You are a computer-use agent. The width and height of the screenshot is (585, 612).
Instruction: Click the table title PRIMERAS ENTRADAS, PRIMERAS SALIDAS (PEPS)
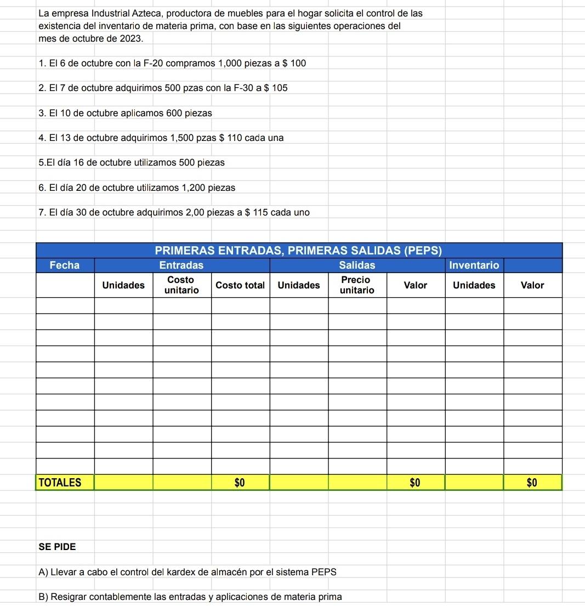coord(299,251)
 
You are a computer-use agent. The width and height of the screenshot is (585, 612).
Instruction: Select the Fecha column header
coord(65,265)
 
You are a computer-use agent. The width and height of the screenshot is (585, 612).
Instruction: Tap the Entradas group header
coord(181,265)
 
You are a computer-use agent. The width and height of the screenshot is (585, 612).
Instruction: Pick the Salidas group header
coord(357,265)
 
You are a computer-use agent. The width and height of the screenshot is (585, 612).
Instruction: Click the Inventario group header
coord(474,265)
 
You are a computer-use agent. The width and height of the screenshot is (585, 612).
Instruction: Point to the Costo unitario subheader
coord(181,285)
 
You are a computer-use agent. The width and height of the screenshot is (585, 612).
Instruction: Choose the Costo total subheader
coord(240,285)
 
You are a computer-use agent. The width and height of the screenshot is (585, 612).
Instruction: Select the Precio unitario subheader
coord(357,285)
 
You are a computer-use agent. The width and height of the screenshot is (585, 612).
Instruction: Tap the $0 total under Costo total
coord(240,483)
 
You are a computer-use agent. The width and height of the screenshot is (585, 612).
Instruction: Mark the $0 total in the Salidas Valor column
coord(415,483)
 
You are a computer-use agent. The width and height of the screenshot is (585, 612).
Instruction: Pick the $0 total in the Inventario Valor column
coord(532,483)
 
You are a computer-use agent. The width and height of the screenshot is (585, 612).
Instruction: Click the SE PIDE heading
coord(58,547)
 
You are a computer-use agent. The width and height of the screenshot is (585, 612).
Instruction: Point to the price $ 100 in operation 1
coord(294,63)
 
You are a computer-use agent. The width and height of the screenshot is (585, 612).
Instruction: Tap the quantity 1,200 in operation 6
coord(192,188)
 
